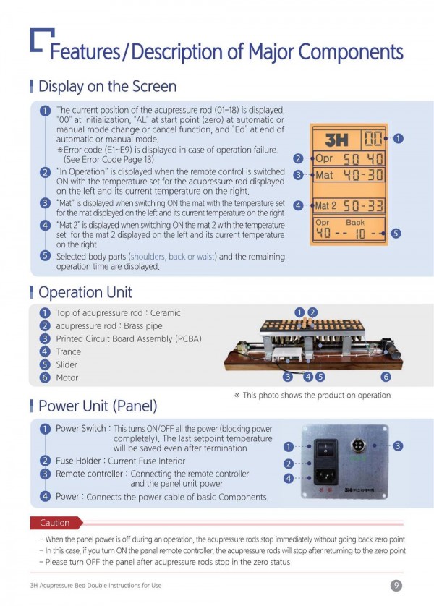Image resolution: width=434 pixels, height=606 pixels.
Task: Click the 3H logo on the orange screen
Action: [336, 140]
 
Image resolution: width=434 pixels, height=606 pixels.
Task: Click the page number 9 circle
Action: [396, 585]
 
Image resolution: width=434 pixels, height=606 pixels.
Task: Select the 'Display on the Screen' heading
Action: [107, 86]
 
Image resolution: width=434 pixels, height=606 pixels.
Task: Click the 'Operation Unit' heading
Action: [85, 292]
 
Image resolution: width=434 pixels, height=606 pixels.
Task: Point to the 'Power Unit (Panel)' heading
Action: [98, 406]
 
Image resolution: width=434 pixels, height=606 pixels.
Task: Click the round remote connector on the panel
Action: [358, 445]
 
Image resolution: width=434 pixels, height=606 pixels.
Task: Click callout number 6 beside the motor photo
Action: [386, 377]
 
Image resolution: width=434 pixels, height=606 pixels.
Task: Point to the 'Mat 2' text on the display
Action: [325, 205]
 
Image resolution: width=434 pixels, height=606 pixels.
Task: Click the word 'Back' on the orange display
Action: [354, 222]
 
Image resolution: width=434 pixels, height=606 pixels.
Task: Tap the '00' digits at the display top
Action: [373, 139]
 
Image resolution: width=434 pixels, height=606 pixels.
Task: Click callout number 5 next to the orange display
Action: [396, 233]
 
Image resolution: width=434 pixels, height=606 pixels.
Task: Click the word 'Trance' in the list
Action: [69, 351]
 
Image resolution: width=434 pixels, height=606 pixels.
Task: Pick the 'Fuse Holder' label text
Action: [78, 461]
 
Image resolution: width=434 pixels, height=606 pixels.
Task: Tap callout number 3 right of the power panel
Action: [398, 446]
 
